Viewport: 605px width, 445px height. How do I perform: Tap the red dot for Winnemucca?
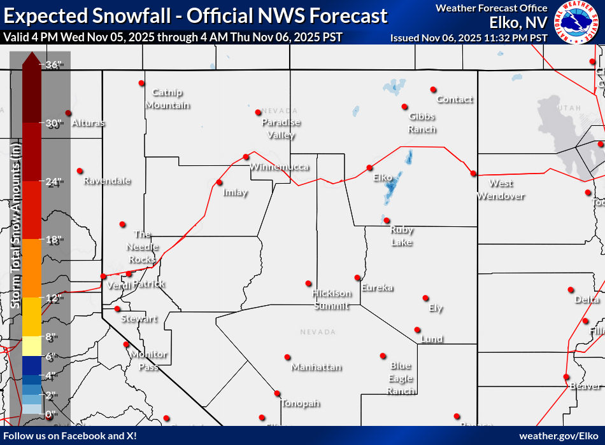click(246, 157)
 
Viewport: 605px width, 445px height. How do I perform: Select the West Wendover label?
click(501, 189)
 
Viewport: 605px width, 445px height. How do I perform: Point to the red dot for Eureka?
click(357, 277)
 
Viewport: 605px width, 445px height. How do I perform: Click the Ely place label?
click(436, 308)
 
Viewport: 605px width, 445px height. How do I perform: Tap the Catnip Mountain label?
click(167, 99)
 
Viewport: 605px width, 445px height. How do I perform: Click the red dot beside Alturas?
click(68, 113)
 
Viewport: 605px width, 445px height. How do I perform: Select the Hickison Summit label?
click(331, 299)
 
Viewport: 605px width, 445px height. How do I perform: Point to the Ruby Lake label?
click(401, 236)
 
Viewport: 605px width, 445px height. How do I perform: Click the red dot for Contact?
click(433, 90)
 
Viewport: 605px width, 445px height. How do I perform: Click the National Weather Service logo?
click(577, 22)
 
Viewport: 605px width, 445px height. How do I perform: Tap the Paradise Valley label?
click(281, 128)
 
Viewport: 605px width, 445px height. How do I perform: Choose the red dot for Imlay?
click(219, 182)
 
